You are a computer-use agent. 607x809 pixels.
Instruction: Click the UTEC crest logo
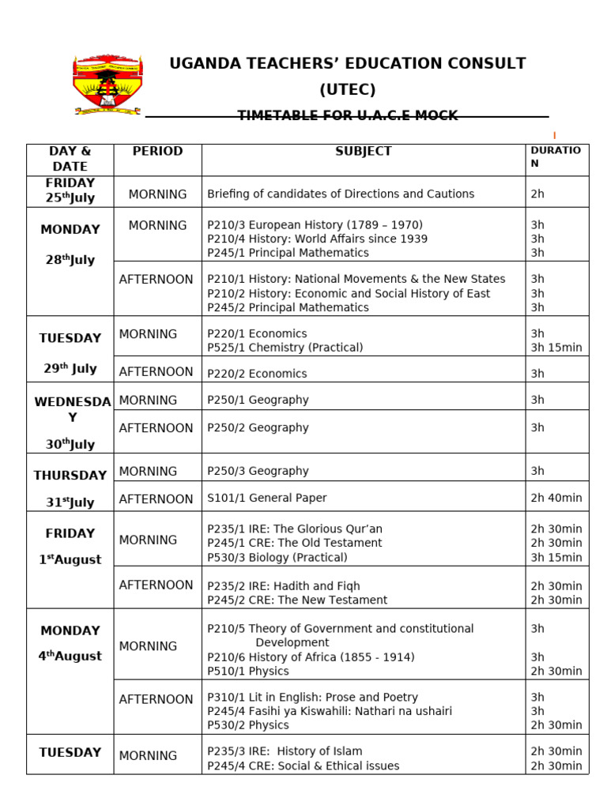[x=107, y=85]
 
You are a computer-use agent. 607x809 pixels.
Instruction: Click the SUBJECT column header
[x=363, y=152]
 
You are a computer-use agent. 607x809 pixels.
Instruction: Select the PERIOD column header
[x=157, y=152]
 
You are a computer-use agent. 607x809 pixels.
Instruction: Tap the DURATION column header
[x=556, y=156]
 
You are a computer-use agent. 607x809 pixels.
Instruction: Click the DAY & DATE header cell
[x=70, y=159]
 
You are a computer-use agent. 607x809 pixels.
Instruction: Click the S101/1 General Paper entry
[x=266, y=498]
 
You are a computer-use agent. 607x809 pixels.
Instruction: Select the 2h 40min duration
[x=556, y=498]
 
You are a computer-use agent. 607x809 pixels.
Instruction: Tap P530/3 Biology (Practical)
[x=277, y=557]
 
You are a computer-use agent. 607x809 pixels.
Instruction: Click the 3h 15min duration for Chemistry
[x=556, y=348]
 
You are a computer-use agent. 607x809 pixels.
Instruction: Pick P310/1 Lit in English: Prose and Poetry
[x=312, y=697]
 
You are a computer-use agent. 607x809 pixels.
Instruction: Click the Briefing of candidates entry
[x=341, y=194]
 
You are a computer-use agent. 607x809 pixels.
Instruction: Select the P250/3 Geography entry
[x=258, y=471]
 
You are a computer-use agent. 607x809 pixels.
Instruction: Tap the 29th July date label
[x=70, y=368]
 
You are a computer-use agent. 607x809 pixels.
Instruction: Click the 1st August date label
[x=70, y=559]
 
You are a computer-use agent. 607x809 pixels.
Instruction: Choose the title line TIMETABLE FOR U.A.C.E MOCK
[x=348, y=116]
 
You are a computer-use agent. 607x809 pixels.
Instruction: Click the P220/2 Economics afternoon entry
[x=257, y=374]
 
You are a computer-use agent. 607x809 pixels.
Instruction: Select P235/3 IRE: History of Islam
[x=285, y=751]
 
